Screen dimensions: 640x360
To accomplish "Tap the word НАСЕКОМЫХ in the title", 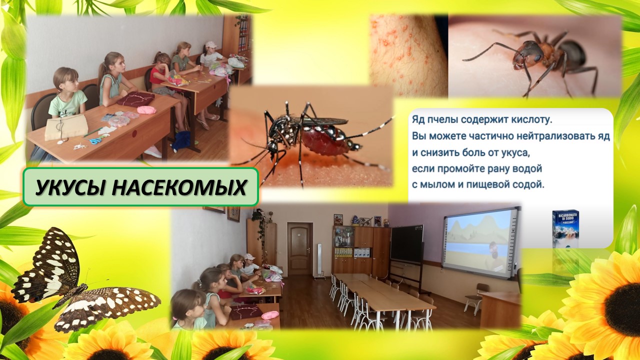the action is click(x=179, y=187).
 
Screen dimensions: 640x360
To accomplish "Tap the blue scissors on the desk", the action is click(x=96, y=140).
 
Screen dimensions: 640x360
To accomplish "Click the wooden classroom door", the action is click(x=299, y=248).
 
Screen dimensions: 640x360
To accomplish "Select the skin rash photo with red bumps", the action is click(x=408, y=55).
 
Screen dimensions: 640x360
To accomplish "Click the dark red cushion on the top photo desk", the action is click(x=135, y=99).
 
